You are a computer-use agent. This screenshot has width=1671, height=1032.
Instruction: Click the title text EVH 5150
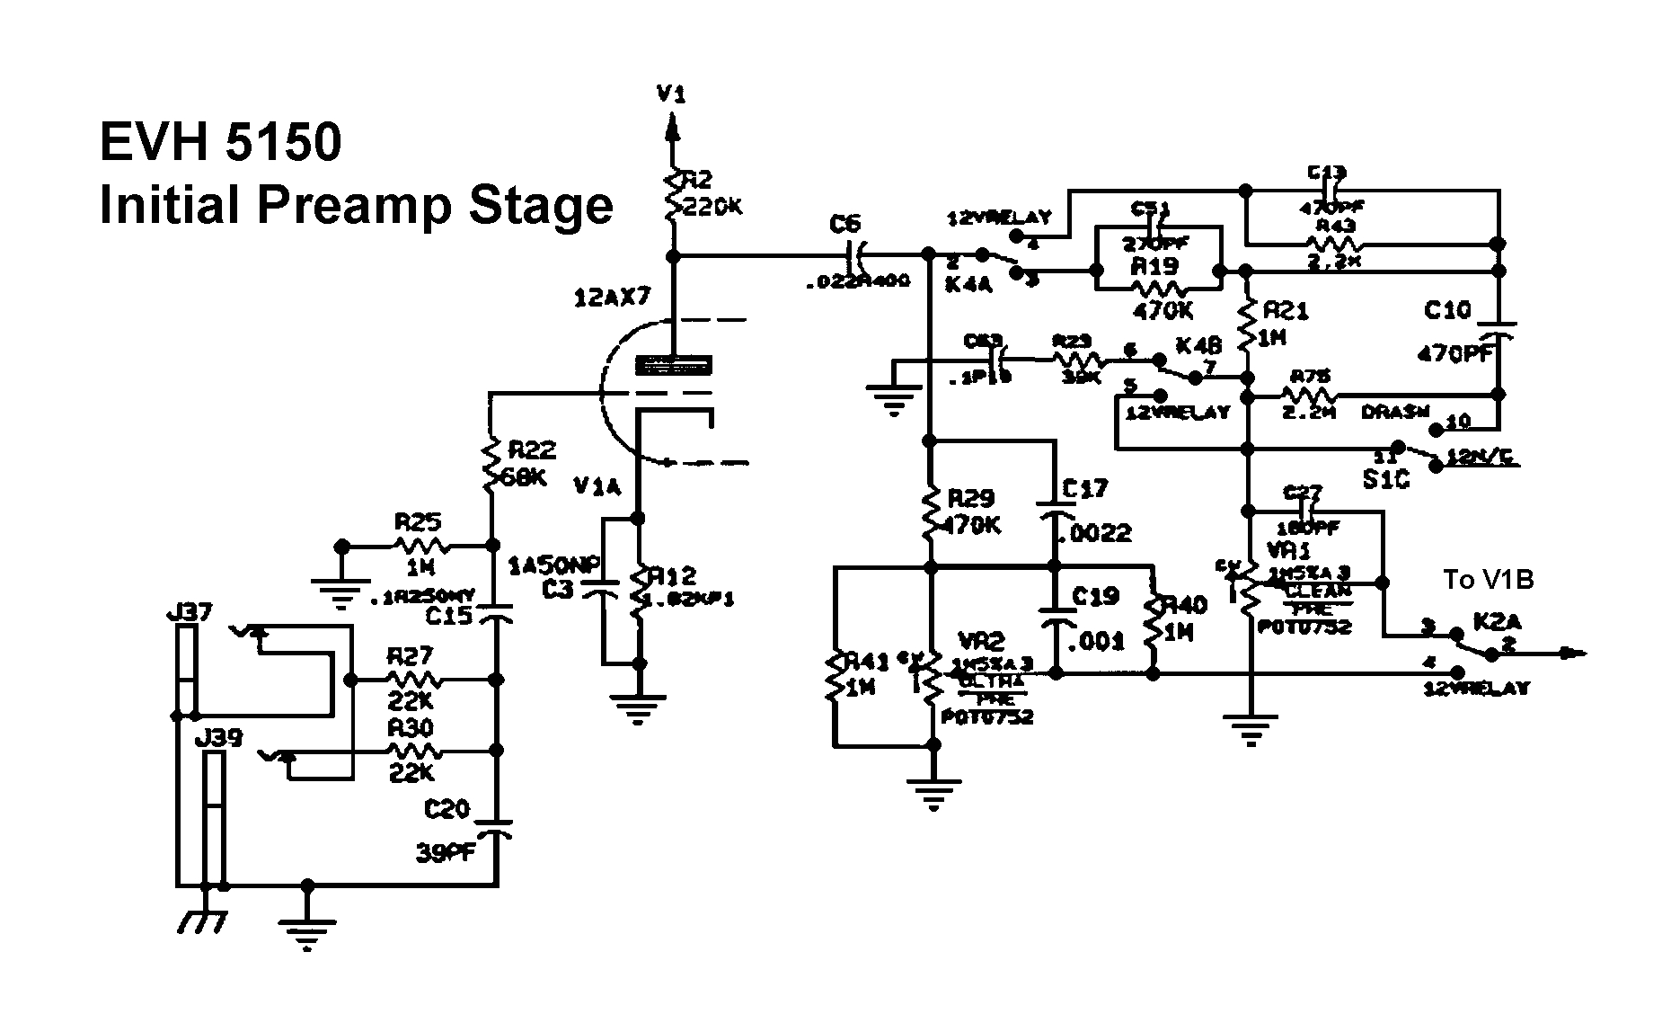[220, 142]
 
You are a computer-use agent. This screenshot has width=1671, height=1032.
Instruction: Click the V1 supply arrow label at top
[671, 93]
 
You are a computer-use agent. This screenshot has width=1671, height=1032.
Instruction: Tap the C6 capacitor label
[845, 224]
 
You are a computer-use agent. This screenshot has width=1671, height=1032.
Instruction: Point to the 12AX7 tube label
[611, 298]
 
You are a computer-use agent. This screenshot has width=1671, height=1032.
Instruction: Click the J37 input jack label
[190, 613]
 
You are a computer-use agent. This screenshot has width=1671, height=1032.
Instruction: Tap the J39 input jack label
[218, 738]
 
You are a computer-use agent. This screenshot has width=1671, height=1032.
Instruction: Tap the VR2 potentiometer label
[981, 641]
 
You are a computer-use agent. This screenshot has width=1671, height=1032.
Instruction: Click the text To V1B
[1488, 580]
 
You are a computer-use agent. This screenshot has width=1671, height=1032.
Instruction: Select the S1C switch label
[1386, 479]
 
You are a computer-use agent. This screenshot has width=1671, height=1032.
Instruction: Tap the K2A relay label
[1496, 621]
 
